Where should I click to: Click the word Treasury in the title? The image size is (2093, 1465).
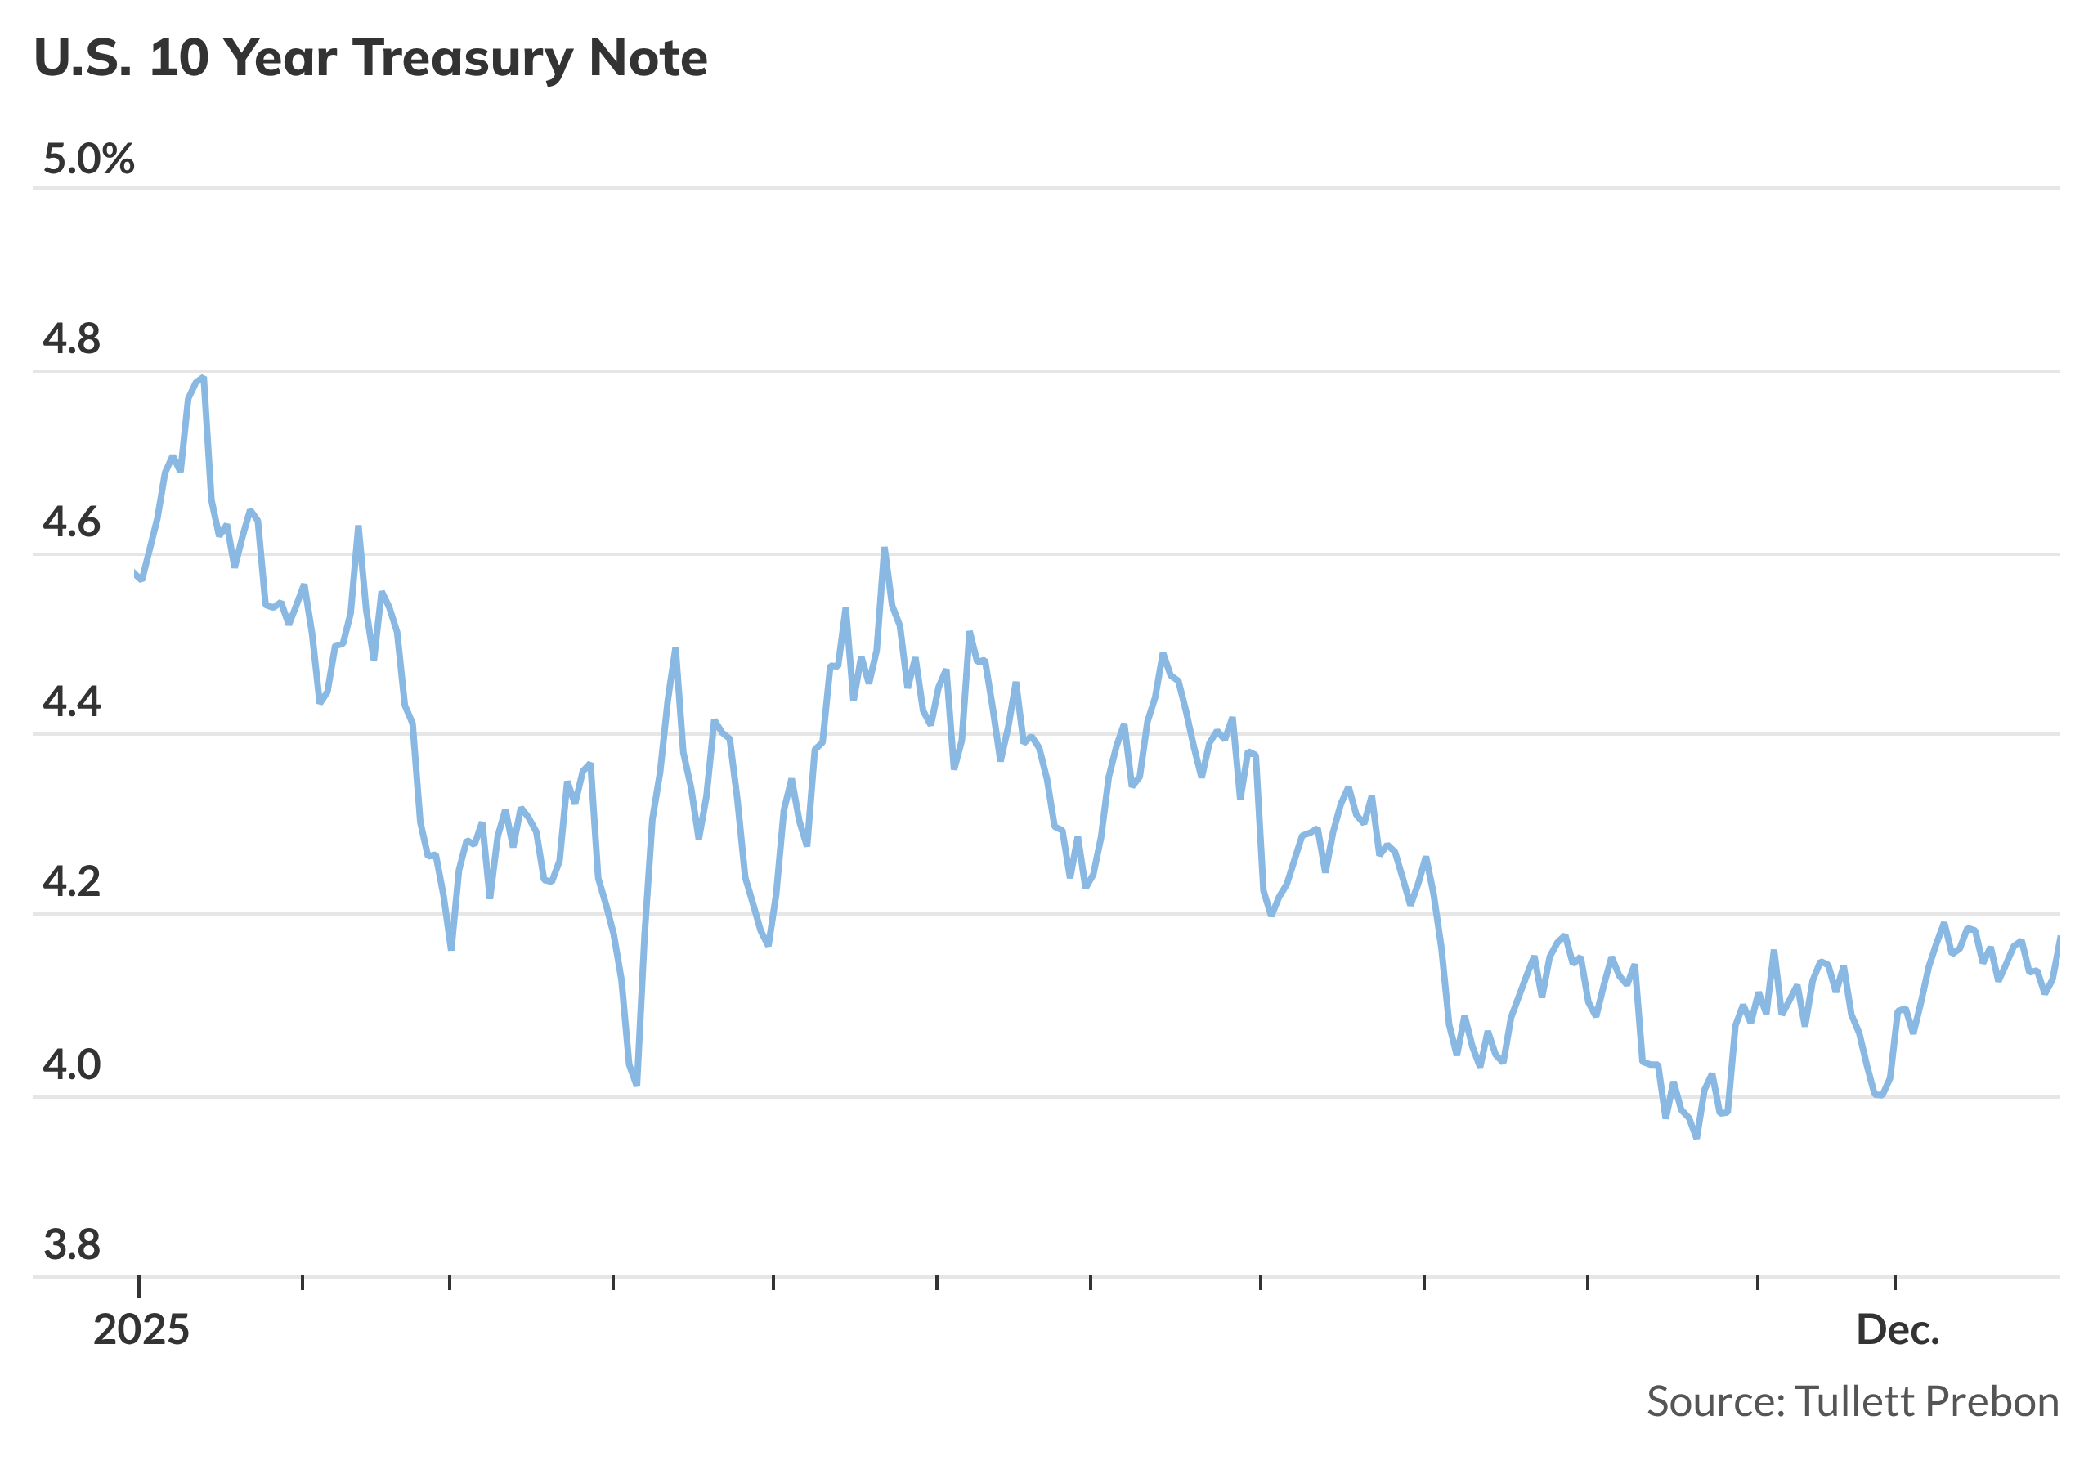coord(463,59)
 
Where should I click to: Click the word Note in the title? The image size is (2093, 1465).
coord(648,57)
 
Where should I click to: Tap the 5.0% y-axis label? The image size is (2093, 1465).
coord(88,159)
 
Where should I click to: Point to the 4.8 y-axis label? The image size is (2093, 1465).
coord(72,339)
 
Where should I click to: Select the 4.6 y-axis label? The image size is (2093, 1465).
coord(72,523)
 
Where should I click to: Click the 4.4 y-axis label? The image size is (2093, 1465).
coord(72,703)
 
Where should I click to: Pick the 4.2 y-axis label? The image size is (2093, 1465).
coord(72,882)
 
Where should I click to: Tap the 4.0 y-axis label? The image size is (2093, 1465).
coord(72,1064)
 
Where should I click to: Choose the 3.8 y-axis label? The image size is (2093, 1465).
coord(72,1245)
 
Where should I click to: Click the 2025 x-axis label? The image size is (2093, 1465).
coord(141,1331)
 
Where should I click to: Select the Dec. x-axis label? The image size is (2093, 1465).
coord(1898,1331)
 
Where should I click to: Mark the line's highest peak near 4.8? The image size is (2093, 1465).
coord(203,378)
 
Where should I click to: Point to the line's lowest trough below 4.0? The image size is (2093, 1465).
coord(1696,1137)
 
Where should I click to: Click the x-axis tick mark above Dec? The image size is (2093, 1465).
coord(1895,1284)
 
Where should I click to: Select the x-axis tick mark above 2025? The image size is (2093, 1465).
coord(138,1285)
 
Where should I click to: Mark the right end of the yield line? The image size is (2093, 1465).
coord(2059,938)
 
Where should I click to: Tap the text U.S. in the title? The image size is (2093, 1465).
coord(83,57)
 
